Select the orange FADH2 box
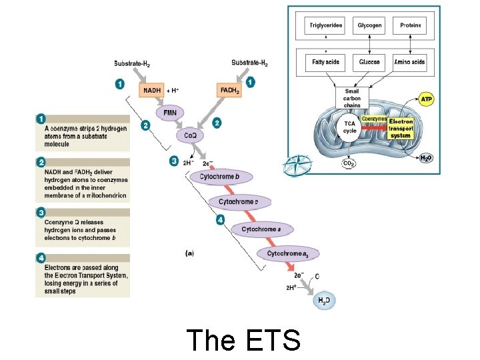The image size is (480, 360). pyautogui.click(x=229, y=89)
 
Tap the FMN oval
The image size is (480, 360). pyautogui.click(x=170, y=113)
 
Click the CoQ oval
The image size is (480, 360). pyautogui.click(x=190, y=135)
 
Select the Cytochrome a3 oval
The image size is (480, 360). pyautogui.click(x=288, y=253)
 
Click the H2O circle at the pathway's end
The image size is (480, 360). pyautogui.click(x=323, y=301)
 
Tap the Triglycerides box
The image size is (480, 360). pyautogui.click(x=325, y=26)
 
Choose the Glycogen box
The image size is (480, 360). pyautogui.click(x=369, y=26)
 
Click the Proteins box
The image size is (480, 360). pyautogui.click(x=410, y=26)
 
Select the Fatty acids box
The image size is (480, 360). pyautogui.click(x=325, y=62)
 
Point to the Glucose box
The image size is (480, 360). pyautogui.click(x=369, y=62)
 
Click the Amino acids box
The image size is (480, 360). pyautogui.click(x=410, y=62)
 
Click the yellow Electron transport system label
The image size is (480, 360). pyautogui.click(x=401, y=128)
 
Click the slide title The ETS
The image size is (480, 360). pyautogui.click(x=243, y=340)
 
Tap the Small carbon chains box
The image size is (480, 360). pyautogui.click(x=352, y=98)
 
